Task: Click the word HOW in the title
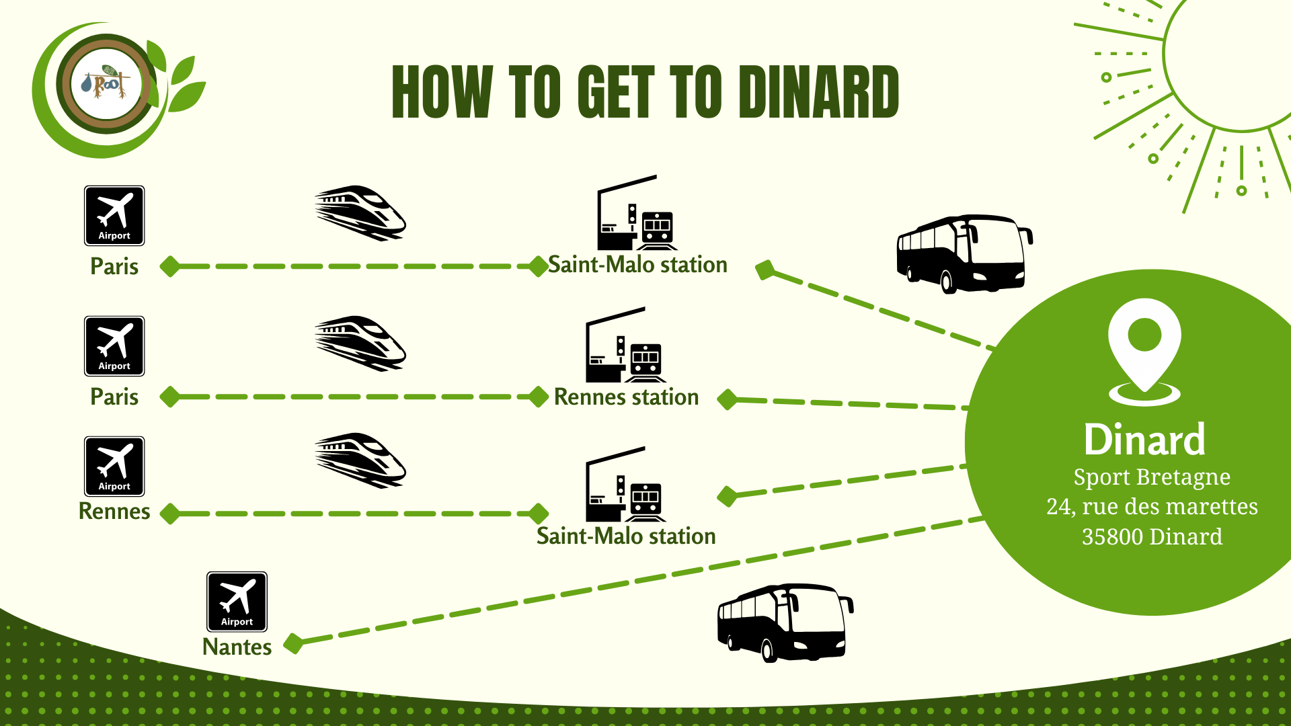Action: pos(442,92)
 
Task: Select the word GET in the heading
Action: pos(616,92)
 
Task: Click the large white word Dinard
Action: pos(1144,440)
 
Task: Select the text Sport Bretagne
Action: pos(1152,477)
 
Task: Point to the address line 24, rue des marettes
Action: pos(1152,506)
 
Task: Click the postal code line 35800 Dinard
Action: pos(1152,536)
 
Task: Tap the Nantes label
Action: pos(237,647)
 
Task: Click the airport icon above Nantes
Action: pos(237,602)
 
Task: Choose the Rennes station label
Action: pos(626,397)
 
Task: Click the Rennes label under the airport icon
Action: pos(114,512)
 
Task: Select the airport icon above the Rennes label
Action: pos(114,467)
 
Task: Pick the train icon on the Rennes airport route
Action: pos(360,460)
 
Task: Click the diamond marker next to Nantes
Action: pos(293,643)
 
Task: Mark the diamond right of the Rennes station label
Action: pos(727,399)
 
